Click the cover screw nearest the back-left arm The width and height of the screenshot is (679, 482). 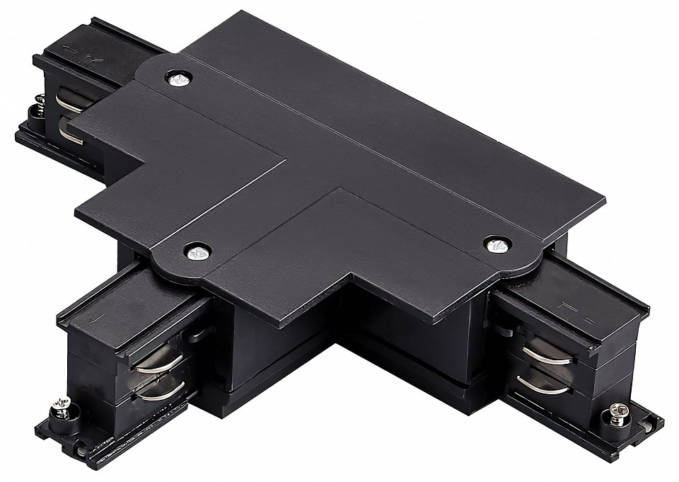coord(178,78)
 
